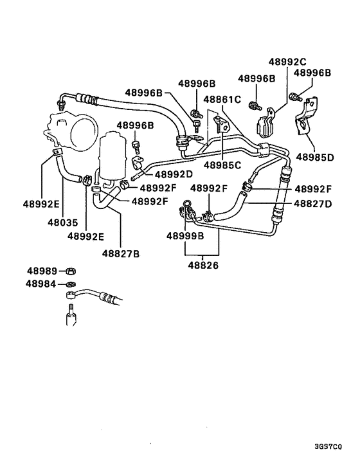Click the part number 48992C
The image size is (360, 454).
(287, 62)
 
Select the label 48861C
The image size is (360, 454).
(222, 99)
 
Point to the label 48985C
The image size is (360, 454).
(222, 165)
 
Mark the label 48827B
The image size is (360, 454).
(120, 253)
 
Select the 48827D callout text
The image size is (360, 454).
(313, 204)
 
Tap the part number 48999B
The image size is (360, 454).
(185, 236)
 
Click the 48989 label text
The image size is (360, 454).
(42, 271)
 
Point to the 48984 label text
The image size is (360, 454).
(42, 283)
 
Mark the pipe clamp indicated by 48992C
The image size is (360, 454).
(265, 125)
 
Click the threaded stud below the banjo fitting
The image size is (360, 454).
(70, 318)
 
